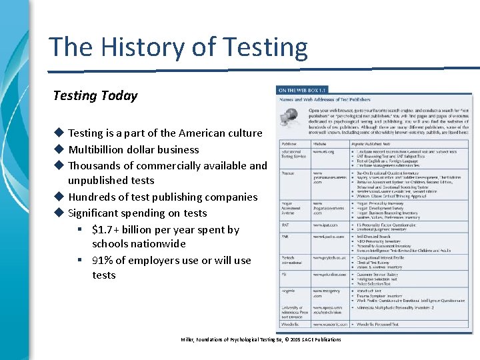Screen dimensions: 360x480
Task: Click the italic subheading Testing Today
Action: tap(95, 95)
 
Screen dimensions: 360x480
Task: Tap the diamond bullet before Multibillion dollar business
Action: tap(59, 149)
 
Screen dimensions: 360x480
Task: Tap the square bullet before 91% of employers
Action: tap(79, 260)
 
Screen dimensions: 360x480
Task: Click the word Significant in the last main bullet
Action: tap(97, 213)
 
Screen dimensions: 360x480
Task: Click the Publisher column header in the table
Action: tap(289, 143)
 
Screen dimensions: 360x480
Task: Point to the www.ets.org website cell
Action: tap(323, 152)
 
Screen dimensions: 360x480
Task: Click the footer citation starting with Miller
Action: tap(261, 339)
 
